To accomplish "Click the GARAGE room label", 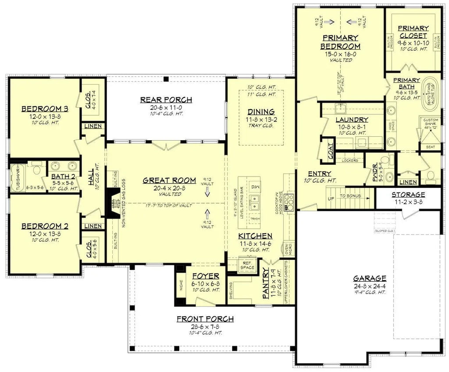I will pyautogui.click(x=370, y=278).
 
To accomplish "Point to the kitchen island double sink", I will pyautogui.click(x=255, y=202).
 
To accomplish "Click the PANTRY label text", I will pyautogui.click(x=266, y=285).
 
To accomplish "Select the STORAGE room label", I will pyautogui.click(x=409, y=194).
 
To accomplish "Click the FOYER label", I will pyautogui.click(x=205, y=276).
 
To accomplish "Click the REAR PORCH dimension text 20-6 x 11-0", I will pyautogui.click(x=166, y=107).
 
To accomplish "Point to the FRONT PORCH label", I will pyautogui.click(x=205, y=319).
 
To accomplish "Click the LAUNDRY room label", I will pyautogui.click(x=351, y=120).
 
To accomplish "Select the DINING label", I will pyautogui.click(x=260, y=112).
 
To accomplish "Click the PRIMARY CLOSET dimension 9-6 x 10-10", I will pyautogui.click(x=413, y=44).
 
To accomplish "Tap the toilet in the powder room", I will pyautogui.click(x=384, y=160).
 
